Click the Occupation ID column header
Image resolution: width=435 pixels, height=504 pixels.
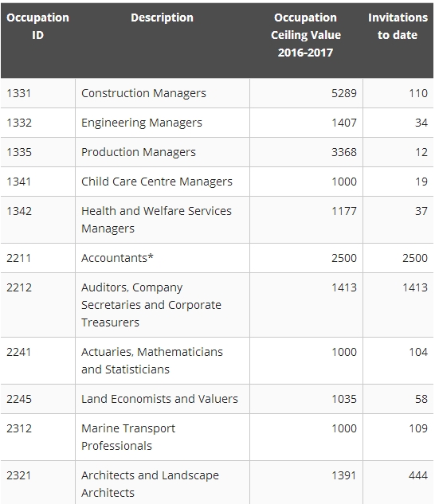click(37, 26)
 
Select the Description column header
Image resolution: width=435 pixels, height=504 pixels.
click(162, 18)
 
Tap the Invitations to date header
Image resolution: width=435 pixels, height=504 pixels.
click(398, 26)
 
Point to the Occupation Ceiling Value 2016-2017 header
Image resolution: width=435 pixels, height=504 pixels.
click(306, 35)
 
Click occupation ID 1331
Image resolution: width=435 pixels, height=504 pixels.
click(18, 93)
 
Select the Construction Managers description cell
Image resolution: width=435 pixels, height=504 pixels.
click(143, 93)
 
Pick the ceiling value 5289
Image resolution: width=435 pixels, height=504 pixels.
click(344, 93)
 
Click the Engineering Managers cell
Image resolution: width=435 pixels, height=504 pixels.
click(142, 123)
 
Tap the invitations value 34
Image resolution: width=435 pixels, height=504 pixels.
click(421, 123)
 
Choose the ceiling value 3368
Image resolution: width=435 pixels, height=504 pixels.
click(344, 152)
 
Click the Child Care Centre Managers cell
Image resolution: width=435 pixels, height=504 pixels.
click(157, 182)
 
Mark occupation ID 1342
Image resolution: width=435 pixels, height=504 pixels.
click(19, 211)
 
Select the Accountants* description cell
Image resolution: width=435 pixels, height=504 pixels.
click(117, 258)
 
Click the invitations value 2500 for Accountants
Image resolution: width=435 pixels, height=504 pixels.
click(415, 258)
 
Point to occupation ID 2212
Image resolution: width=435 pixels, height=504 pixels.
click(19, 287)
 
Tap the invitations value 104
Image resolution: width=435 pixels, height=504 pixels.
click(418, 352)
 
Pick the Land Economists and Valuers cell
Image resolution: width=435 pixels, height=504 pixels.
click(159, 399)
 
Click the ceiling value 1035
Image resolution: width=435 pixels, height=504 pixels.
click(344, 399)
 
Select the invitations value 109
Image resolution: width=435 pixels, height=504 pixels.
click(418, 428)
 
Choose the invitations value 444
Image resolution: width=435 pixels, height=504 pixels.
click(418, 475)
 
